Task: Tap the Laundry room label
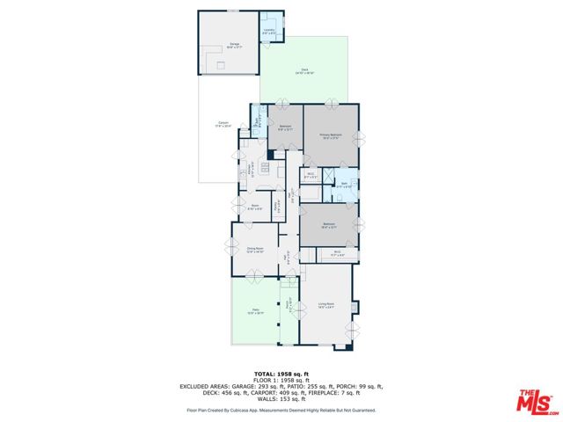270,33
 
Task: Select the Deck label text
305,70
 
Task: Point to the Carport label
223,124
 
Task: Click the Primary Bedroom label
331,135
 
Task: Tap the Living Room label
325,306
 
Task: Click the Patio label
255,311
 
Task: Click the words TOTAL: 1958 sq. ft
281,374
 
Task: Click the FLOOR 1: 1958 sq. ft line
281,380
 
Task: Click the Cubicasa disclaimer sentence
281,410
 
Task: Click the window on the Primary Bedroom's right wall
361,136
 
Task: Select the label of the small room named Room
253,208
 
